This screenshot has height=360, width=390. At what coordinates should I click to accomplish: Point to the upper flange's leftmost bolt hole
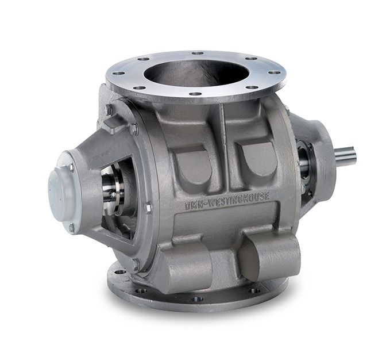tap(117, 73)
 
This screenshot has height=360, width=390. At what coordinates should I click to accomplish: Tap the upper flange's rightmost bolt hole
tap(277, 72)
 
